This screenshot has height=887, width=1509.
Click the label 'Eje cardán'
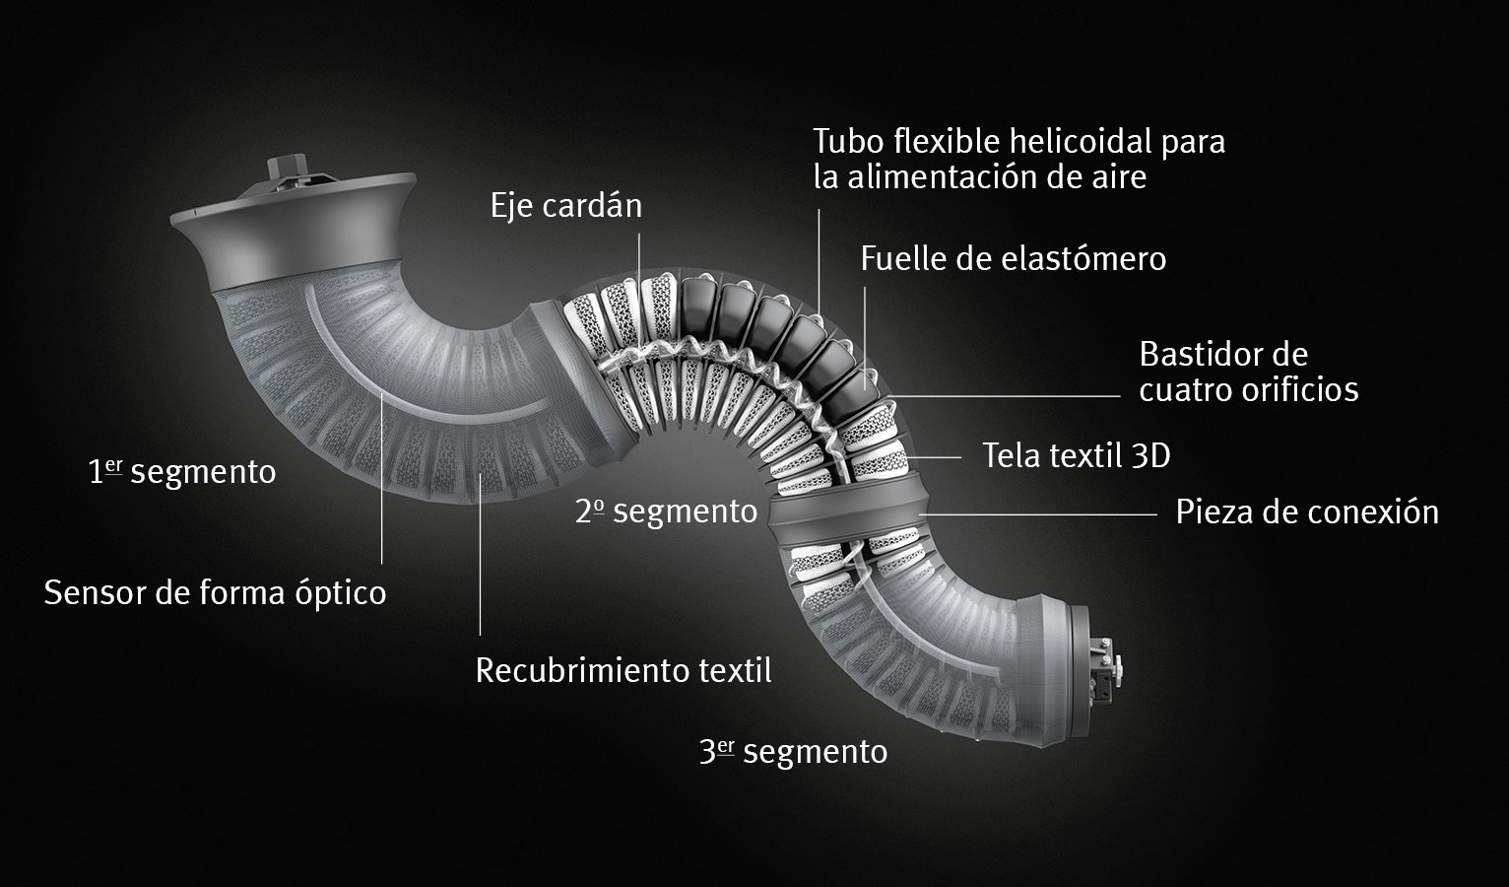coord(565,206)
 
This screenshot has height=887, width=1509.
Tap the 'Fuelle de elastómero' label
coord(1014,259)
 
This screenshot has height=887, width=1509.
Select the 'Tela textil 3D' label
coord(1077,455)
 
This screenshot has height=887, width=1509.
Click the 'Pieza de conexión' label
coord(1307,512)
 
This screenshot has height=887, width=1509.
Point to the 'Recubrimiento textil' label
coord(623,670)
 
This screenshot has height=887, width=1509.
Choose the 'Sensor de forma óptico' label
coord(215,593)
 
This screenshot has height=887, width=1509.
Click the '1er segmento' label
coord(182,471)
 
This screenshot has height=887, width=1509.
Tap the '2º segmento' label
coord(666,511)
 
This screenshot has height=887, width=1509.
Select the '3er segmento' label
coord(793,751)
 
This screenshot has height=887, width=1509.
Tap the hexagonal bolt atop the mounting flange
coord(288,167)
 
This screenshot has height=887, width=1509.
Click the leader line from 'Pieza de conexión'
coord(1038,514)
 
